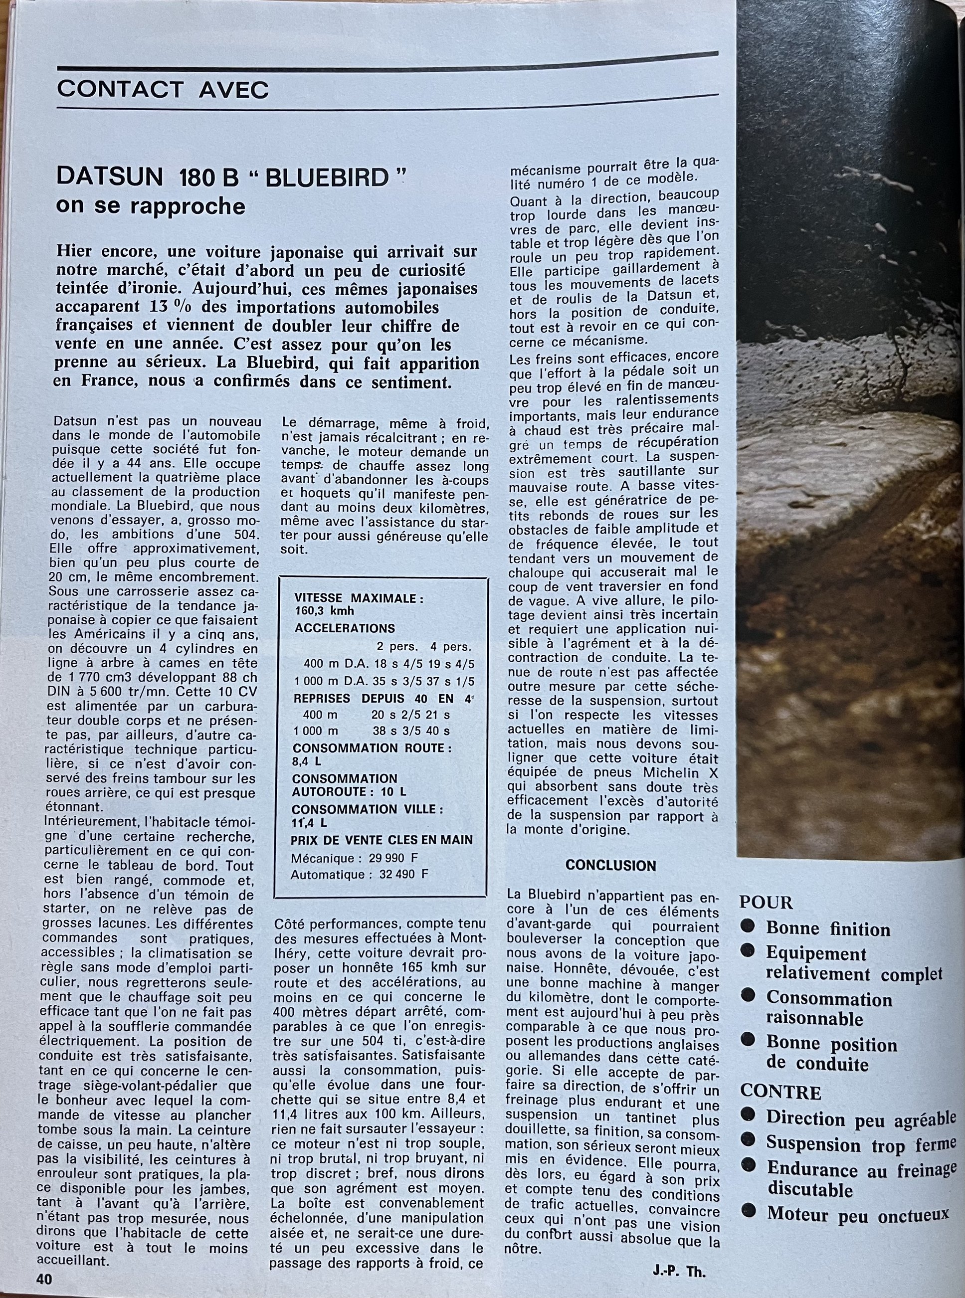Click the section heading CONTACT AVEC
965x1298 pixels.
(163, 89)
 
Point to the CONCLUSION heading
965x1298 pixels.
(611, 866)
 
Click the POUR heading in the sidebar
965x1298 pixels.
(767, 903)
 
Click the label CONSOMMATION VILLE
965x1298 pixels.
(368, 810)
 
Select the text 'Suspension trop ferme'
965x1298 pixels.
(861, 1144)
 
